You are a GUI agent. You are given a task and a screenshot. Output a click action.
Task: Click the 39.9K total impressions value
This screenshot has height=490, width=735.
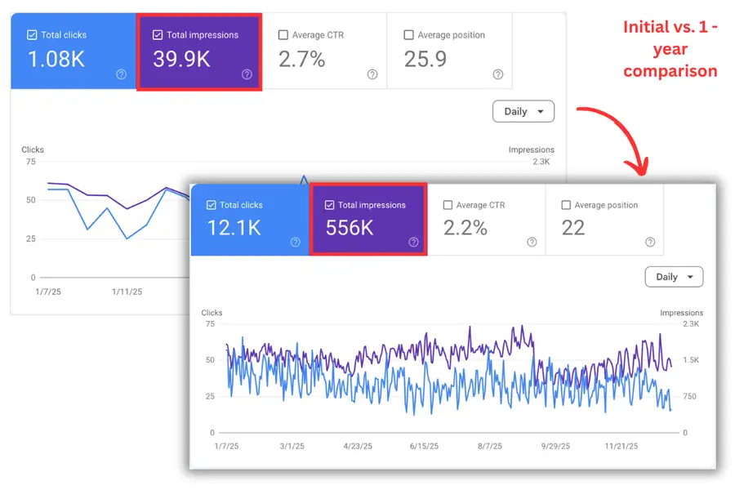pyautogui.click(x=181, y=59)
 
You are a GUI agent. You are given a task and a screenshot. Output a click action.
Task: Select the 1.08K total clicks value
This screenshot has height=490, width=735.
pyautogui.click(x=56, y=59)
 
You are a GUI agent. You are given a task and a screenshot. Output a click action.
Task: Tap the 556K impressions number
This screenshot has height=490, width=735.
pyautogui.click(x=350, y=228)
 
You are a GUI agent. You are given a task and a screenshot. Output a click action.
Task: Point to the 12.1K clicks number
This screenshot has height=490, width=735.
pyautogui.click(x=234, y=228)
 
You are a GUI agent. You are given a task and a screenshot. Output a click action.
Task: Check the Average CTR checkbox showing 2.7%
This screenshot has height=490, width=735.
pyautogui.click(x=283, y=34)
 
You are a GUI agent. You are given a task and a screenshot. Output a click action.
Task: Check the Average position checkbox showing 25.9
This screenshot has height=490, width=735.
pyautogui.click(x=409, y=34)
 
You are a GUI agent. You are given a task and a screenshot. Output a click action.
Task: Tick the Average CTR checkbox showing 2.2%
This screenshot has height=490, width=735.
pyautogui.click(x=448, y=205)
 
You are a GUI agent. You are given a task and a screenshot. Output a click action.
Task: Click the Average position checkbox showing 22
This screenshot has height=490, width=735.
pyautogui.click(x=566, y=205)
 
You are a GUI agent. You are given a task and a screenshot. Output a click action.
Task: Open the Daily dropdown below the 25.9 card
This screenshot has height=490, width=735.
pyautogui.click(x=523, y=111)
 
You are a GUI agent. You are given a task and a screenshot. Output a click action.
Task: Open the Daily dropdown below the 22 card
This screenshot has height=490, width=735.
pyautogui.click(x=674, y=277)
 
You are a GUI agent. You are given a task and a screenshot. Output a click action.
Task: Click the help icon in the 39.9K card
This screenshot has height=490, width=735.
pyautogui.click(x=247, y=74)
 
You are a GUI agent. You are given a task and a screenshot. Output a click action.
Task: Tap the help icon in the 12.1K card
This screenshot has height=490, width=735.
pyautogui.click(x=296, y=242)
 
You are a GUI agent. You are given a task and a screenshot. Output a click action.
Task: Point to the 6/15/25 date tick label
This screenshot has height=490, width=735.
pyautogui.click(x=424, y=446)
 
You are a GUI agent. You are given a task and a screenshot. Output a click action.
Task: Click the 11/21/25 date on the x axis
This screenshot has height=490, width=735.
pyautogui.click(x=621, y=446)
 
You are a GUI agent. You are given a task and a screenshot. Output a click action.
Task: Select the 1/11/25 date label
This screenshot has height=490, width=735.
pyautogui.click(x=127, y=292)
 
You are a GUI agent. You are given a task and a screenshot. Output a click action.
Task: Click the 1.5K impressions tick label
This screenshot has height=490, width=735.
pyautogui.click(x=691, y=359)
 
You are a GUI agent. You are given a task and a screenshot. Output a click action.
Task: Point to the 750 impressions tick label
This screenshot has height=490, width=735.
pyautogui.click(x=689, y=396)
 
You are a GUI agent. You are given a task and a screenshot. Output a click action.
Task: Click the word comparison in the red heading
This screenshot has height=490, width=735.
pyautogui.click(x=670, y=71)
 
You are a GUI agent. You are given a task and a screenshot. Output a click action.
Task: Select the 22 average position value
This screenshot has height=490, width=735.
pyautogui.click(x=573, y=228)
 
